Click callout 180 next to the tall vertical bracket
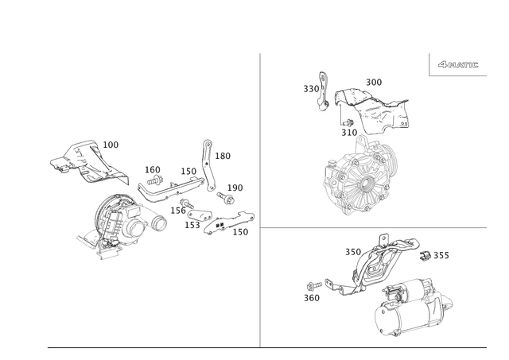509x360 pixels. pos(223,157)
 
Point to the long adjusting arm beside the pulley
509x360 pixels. pos(171,189)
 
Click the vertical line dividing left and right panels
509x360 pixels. pos(261,199)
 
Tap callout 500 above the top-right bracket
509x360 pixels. pos(374,81)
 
